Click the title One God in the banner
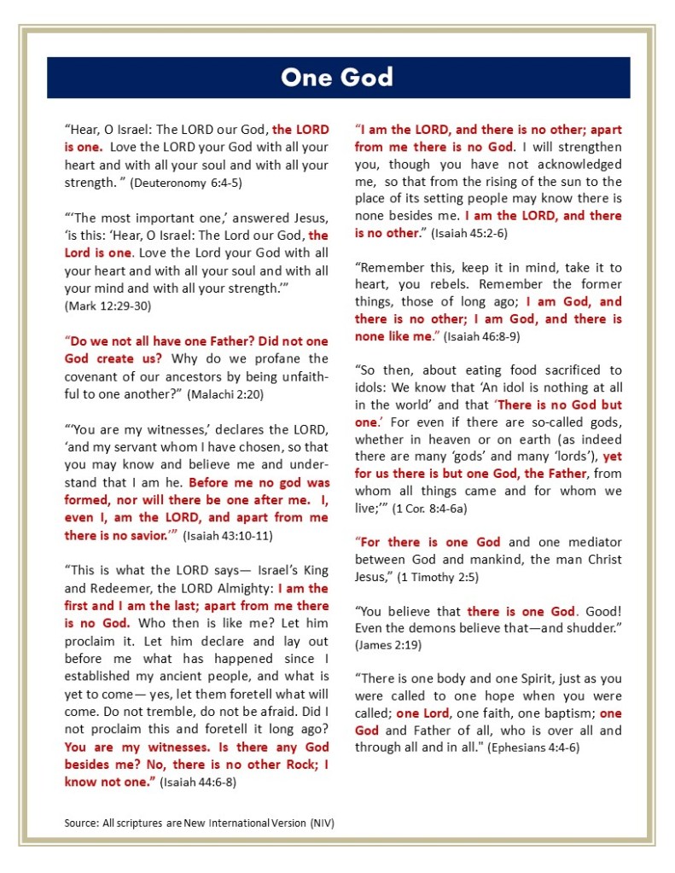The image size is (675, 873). (x=337, y=78)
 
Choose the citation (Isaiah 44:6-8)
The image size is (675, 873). (x=198, y=782)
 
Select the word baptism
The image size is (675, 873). (x=567, y=713)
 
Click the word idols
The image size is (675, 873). (x=370, y=388)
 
